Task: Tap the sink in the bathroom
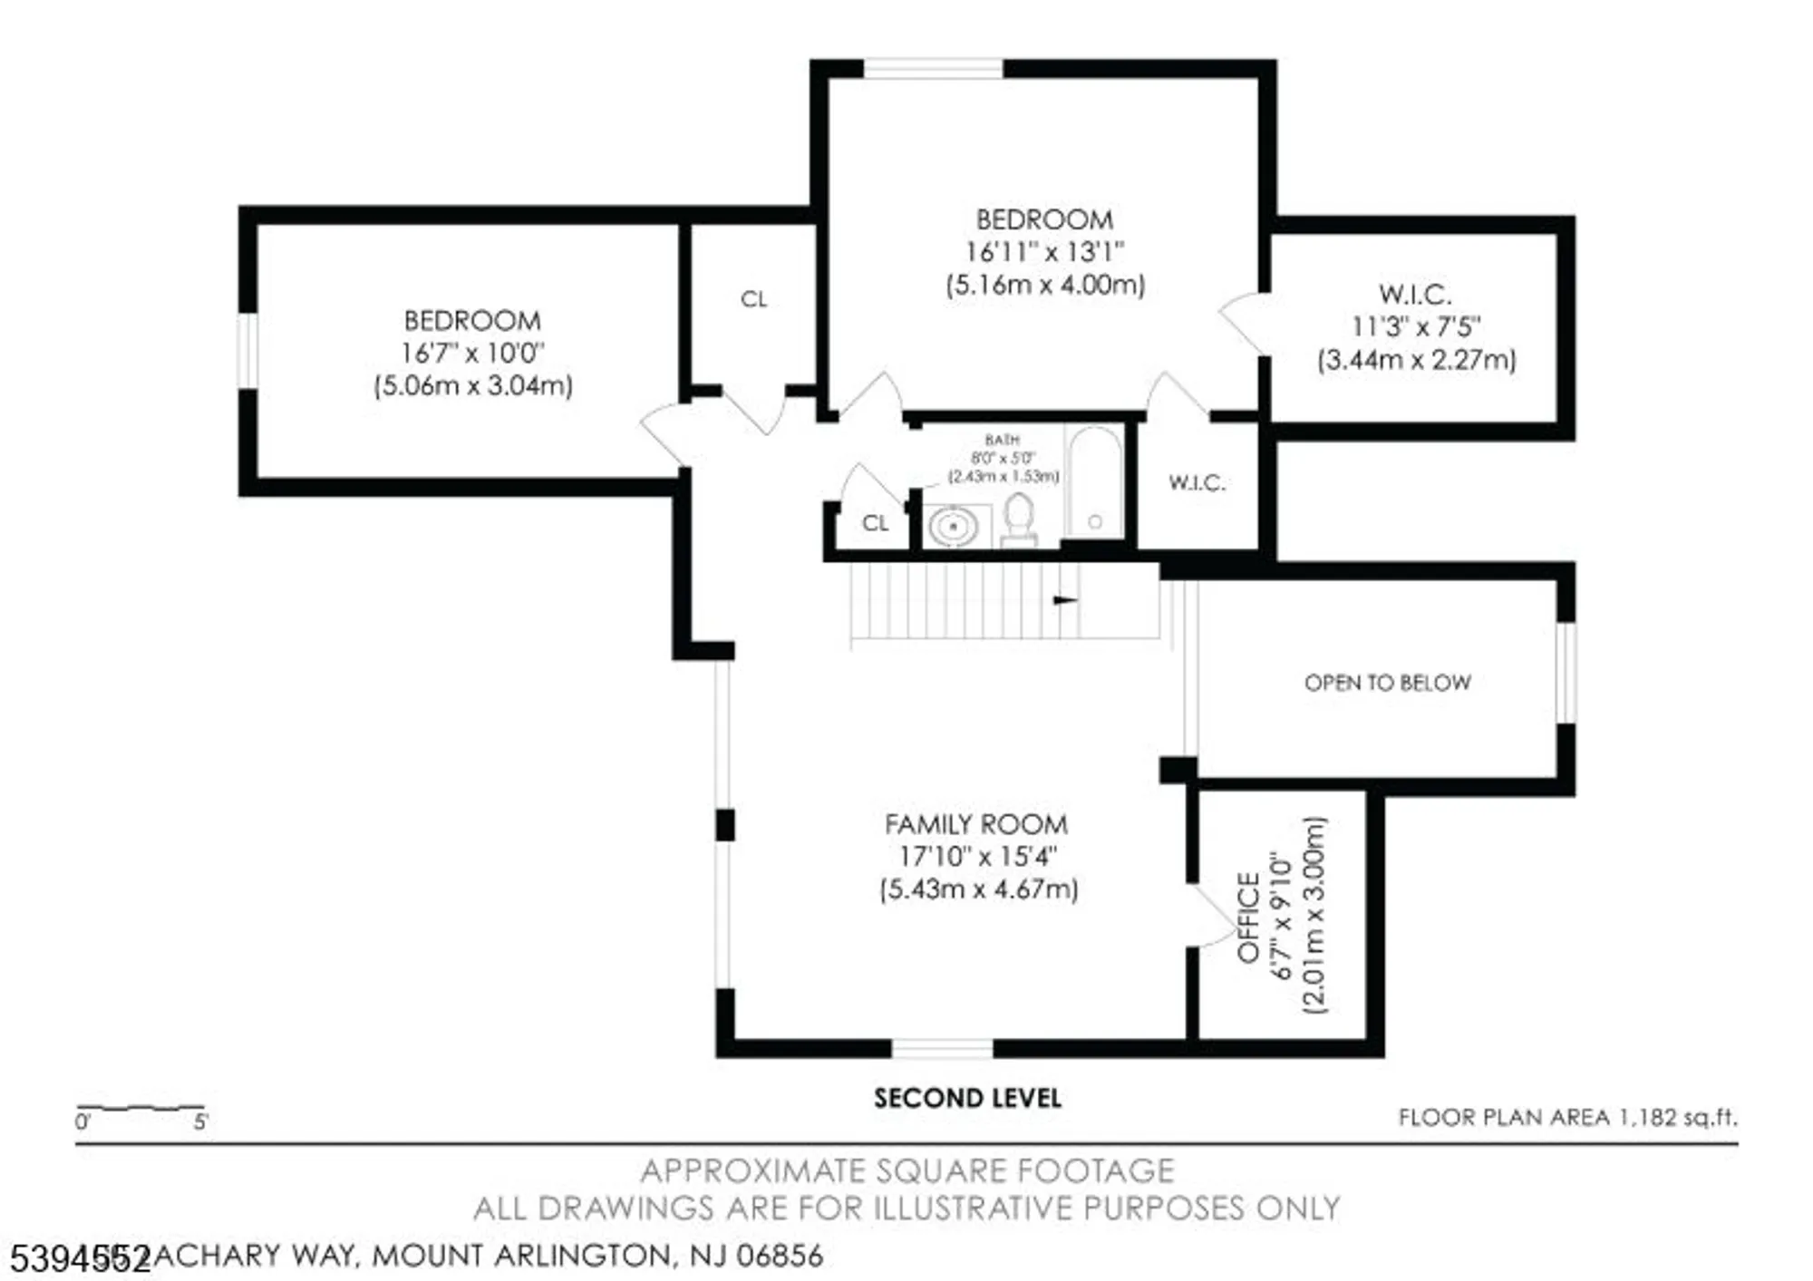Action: pos(953,526)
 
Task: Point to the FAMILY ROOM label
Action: pos(975,824)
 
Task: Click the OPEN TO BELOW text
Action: pos(1386,683)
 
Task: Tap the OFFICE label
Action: pos(1248,917)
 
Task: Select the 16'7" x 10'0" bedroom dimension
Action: pos(472,353)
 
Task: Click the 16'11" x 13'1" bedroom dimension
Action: pos(1044,251)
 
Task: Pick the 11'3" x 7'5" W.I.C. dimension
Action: pos(1416,326)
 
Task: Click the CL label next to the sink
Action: pos(875,523)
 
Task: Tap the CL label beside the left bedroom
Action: pos(753,299)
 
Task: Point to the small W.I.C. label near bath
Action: pos(1197,483)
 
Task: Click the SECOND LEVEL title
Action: pos(966,1098)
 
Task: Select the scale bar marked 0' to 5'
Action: pos(141,1108)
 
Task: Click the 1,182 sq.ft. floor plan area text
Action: pos(1566,1118)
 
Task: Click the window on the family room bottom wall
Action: pos(942,1049)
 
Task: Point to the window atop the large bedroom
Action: pos(933,69)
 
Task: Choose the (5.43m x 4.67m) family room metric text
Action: pos(978,888)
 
